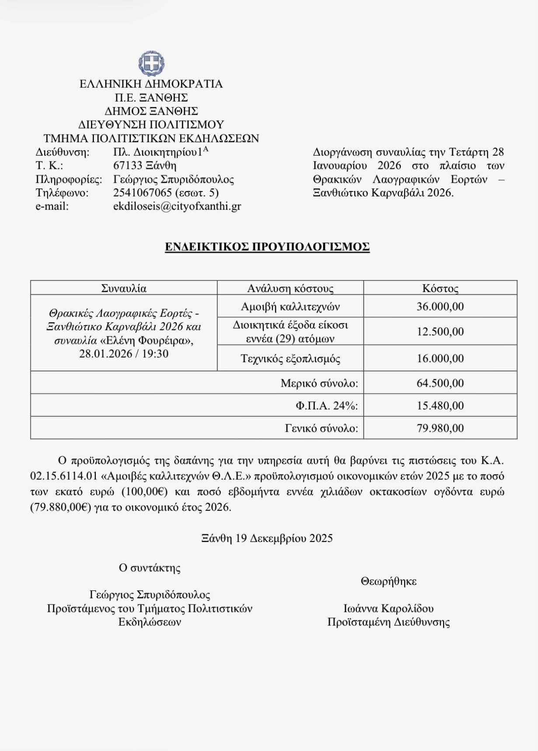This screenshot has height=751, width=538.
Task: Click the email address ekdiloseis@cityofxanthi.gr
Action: (177, 206)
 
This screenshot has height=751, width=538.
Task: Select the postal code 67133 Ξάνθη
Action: (144, 165)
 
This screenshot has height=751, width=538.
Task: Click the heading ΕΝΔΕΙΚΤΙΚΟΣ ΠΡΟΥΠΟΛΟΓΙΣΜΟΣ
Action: (267, 247)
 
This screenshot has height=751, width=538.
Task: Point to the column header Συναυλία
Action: (124, 288)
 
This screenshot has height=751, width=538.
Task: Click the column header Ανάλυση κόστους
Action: (290, 288)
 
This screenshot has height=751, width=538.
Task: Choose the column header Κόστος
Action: (440, 288)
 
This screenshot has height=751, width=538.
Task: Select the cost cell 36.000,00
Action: (440, 306)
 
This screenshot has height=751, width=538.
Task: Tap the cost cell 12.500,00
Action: (440, 332)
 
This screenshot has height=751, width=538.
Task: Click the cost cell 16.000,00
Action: (440, 358)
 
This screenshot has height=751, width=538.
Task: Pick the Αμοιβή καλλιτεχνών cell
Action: (290, 307)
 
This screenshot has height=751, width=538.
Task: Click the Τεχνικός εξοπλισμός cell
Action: (290, 359)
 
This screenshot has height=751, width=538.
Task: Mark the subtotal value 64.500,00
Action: (440, 383)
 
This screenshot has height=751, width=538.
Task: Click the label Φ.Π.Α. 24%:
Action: (326, 406)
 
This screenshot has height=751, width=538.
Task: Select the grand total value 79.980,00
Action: (440, 428)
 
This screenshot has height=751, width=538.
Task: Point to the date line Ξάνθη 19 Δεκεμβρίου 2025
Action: (267, 538)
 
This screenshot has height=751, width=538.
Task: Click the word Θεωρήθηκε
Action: (388, 581)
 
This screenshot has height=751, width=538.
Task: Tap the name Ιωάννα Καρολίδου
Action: (388, 608)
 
